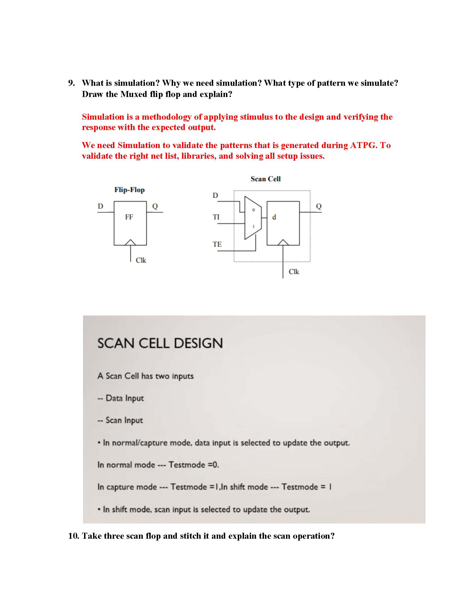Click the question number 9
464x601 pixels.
[71, 83]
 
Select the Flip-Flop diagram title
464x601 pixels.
[129, 190]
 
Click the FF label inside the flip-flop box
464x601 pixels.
[129, 217]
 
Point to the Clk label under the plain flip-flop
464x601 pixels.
[141, 260]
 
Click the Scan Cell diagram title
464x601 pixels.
[265, 179]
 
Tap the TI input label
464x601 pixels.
[216, 217]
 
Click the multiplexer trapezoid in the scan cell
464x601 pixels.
[253, 218]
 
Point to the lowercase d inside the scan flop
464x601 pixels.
[274, 217]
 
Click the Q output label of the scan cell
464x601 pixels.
[319, 206]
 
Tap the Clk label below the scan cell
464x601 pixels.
[294, 272]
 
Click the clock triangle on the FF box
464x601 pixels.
[130, 242]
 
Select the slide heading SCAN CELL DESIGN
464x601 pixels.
[160, 343]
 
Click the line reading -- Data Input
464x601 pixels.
[121, 398]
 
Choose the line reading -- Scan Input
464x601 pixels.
[120, 420]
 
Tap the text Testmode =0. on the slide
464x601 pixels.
[194, 465]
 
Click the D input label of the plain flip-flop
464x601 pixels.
[100, 206]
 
